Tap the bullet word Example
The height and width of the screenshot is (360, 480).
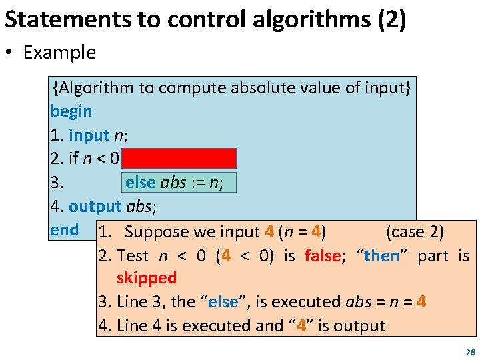(59, 53)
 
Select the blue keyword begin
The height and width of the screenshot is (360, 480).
(71, 111)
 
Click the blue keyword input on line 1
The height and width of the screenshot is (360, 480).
(89, 135)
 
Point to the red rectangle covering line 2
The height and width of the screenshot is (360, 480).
(179, 158)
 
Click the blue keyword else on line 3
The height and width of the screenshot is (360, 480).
(140, 183)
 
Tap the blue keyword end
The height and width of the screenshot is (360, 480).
(64, 230)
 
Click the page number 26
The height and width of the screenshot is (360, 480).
(470, 352)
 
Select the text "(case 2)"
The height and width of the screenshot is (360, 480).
(415, 232)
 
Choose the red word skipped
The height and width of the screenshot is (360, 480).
(146, 278)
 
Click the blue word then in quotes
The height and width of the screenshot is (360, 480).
(382, 255)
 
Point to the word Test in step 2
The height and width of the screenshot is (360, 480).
(132, 255)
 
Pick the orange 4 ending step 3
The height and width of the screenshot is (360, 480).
(421, 302)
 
